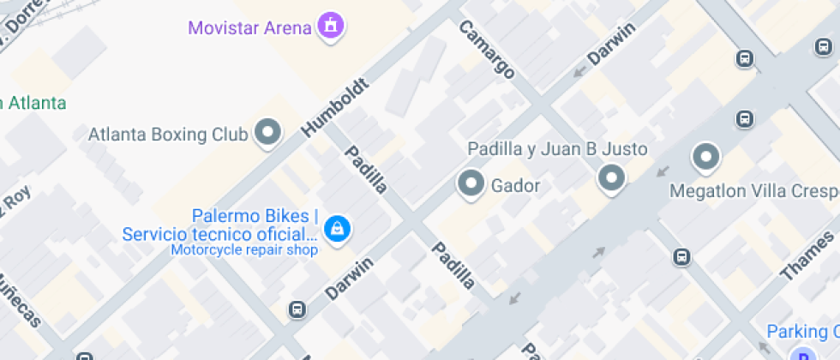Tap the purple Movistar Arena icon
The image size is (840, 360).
pos(330,26)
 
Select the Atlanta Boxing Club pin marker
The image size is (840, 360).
pos(269,133)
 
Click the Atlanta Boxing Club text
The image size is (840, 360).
pos(169,135)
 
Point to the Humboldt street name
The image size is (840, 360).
pos(336,107)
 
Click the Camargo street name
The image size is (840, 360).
pos(487,49)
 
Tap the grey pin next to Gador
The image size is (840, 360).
pos(471,183)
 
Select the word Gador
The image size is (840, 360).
pos(515,184)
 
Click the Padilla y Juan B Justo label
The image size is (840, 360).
pos(557,149)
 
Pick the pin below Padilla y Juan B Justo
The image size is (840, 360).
pos(611,178)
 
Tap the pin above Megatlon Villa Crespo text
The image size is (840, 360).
pos(706,157)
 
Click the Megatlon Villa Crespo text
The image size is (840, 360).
pos(754,189)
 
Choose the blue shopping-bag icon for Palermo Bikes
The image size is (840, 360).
pos(339,228)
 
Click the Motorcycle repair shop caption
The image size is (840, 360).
pos(244,250)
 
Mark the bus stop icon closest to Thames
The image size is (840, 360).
pos(681,255)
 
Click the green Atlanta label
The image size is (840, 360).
pos(34,103)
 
